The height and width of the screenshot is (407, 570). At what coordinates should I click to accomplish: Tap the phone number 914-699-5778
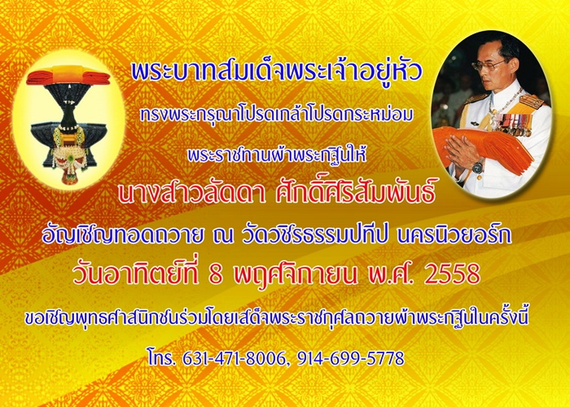tap(350, 358)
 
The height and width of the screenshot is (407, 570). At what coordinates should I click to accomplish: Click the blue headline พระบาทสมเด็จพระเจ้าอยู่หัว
tap(277, 72)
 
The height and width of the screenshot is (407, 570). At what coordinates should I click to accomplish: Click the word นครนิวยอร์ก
tap(454, 234)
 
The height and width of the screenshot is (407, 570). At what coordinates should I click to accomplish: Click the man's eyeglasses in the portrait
tap(488, 65)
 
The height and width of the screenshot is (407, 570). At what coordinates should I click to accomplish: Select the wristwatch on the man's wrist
tap(478, 167)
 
